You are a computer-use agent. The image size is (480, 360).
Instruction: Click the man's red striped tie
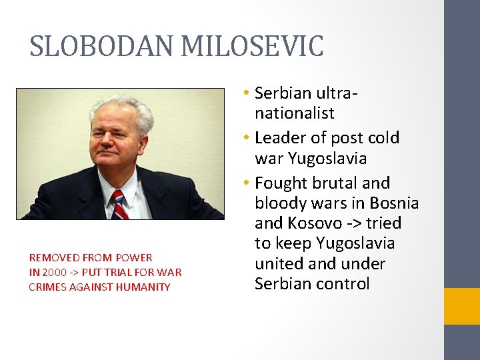click(x=119, y=204)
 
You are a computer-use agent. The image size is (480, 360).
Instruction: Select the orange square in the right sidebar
click(x=462, y=306)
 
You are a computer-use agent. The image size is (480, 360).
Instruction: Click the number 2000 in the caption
click(x=54, y=272)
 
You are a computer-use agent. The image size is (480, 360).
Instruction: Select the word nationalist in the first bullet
click(x=294, y=113)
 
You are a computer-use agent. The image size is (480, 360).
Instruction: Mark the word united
click(x=277, y=263)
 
